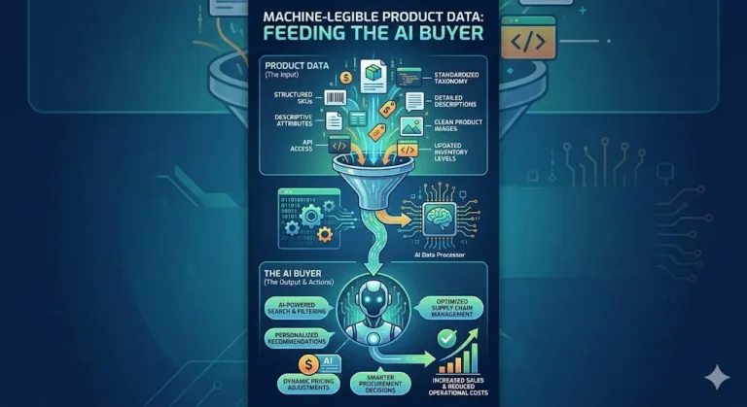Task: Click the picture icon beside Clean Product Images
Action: (411, 125)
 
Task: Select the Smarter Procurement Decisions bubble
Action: (373, 384)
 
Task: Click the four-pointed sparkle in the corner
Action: (718, 377)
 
